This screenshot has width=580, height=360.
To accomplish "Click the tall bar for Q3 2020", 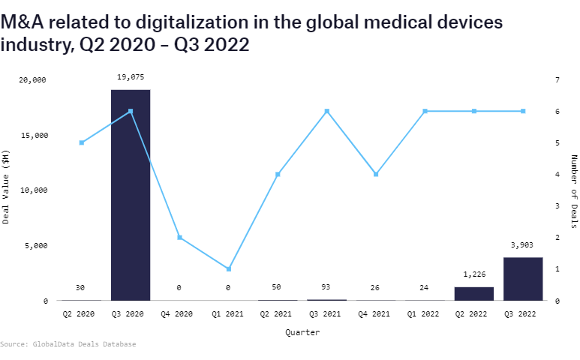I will click(x=131, y=195).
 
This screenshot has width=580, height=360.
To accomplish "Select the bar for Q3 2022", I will click(x=523, y=279).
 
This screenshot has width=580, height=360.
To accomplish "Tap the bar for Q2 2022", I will click(x=474, y=293).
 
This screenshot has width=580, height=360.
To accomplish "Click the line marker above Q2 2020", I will click(x=81, y=142).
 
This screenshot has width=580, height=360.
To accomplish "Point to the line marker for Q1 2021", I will click(x=229, y=268).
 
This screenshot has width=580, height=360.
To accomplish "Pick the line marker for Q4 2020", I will click(x=179, y=237).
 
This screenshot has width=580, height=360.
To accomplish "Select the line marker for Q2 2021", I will click(x=278, y=174).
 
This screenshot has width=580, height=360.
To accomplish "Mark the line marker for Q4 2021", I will click(x=376, y=174).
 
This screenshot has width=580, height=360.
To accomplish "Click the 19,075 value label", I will click(x=131, y=76).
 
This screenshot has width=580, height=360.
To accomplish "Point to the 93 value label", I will click(x=326, y=287).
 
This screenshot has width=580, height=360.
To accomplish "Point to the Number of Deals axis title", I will click(x=574, y=190).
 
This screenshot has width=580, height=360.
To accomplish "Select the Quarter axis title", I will click(x=302, y=331).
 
